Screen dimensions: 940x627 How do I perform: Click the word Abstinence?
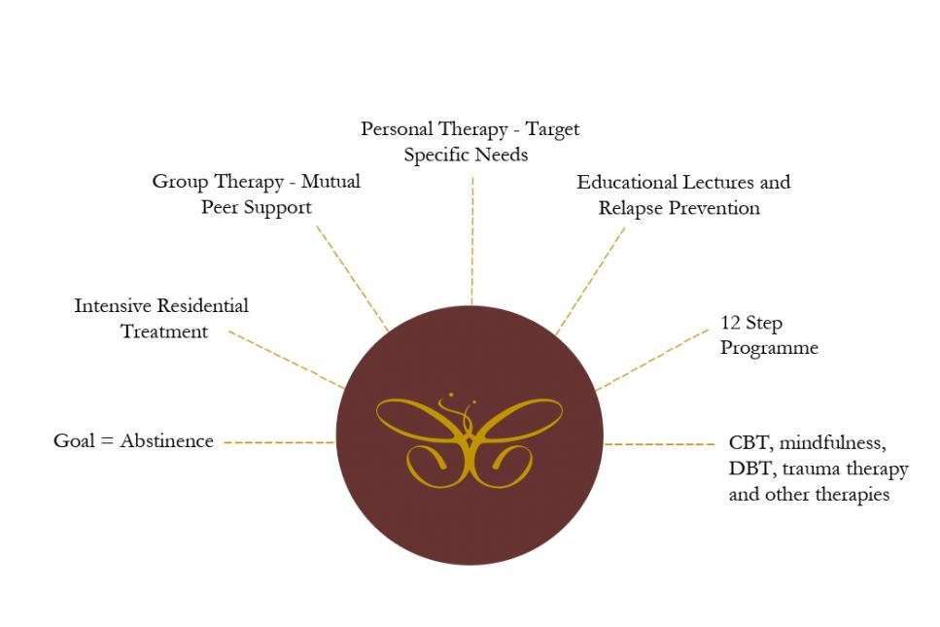coord(166,441)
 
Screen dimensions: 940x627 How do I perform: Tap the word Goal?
coord(74,441)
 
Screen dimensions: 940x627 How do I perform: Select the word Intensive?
coord(113,305)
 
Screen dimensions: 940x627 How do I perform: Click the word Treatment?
coord(164,331)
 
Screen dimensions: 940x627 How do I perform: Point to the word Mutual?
coord(331,181)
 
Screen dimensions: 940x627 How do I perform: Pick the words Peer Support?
coord(257,207)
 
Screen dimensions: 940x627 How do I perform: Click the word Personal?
coord(396,129)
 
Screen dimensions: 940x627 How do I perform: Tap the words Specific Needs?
coord(466,155)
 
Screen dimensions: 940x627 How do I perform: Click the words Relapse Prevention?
coord(679,208)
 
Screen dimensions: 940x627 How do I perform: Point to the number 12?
coord(730,323)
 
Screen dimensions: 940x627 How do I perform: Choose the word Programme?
coord(769,348)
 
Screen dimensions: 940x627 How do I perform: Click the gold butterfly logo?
coord(470,440)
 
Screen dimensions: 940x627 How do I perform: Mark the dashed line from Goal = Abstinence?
coord(279,442)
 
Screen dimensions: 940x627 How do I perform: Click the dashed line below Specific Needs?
coord(472,241)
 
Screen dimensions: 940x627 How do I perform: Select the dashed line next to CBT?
coord(659,444)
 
